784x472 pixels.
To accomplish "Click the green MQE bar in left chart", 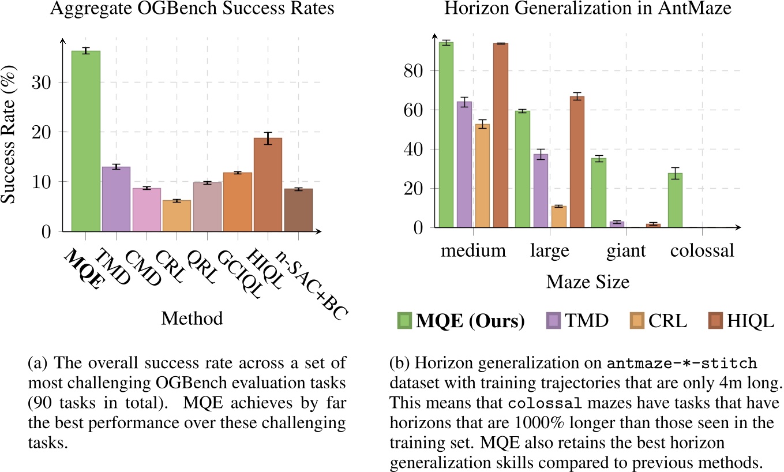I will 85,141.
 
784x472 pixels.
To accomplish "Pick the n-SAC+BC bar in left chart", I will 298,210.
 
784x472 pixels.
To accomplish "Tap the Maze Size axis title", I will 587,282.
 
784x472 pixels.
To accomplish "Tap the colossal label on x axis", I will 702,251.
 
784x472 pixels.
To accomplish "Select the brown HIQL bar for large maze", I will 577,162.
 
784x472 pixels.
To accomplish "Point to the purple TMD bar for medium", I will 464,165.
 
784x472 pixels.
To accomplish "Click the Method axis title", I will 192,317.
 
